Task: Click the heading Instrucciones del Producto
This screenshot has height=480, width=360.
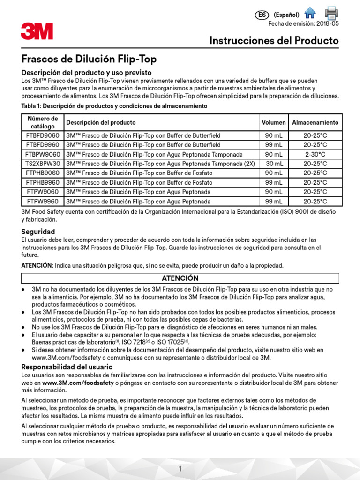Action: click(x=274, y=41)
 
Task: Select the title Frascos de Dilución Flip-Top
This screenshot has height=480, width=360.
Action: click(x=89, y=59)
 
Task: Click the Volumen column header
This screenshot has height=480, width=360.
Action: click(x=274, y=122)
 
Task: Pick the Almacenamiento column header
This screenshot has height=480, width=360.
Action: click(x=315, y=122)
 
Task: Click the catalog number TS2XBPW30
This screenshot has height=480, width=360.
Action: click(x=43, y=164)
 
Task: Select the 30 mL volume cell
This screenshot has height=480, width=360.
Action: click(x=274, y=164)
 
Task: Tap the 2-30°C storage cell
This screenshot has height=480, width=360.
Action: click(x=315, y=154)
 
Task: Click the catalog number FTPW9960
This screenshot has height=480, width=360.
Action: click(x=43, y=202)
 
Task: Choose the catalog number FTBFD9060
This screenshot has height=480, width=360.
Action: click(x=43, y=135)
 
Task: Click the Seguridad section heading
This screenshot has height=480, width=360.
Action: click(x=38, y=232)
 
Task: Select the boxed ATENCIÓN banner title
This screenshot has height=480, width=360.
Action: click(x=180, y=278)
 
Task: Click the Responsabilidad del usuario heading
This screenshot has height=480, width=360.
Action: click(x=67, y=367)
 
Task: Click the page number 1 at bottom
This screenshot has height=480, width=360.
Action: click(x=180, y=469)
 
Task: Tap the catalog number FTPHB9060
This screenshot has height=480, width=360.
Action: click(x=43, y=173)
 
